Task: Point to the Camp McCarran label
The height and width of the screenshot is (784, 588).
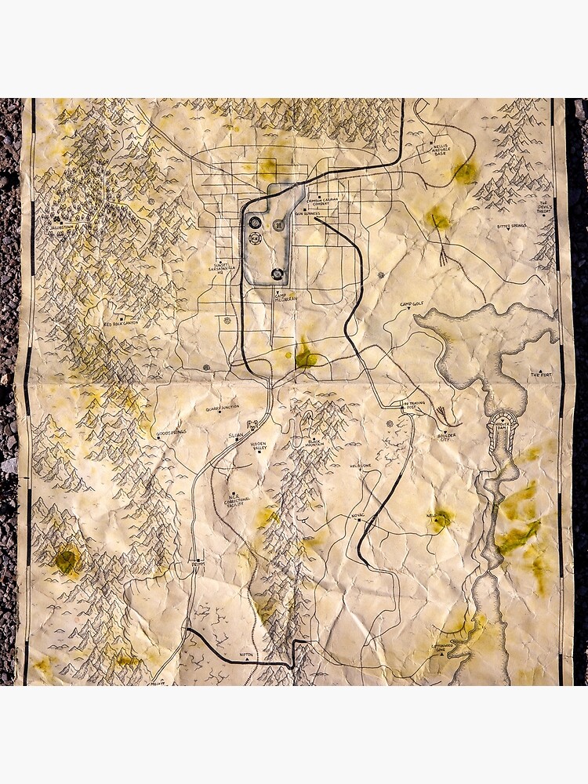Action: [x=285, y=297]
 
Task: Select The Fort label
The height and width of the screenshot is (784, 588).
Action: [x=541, y=375]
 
